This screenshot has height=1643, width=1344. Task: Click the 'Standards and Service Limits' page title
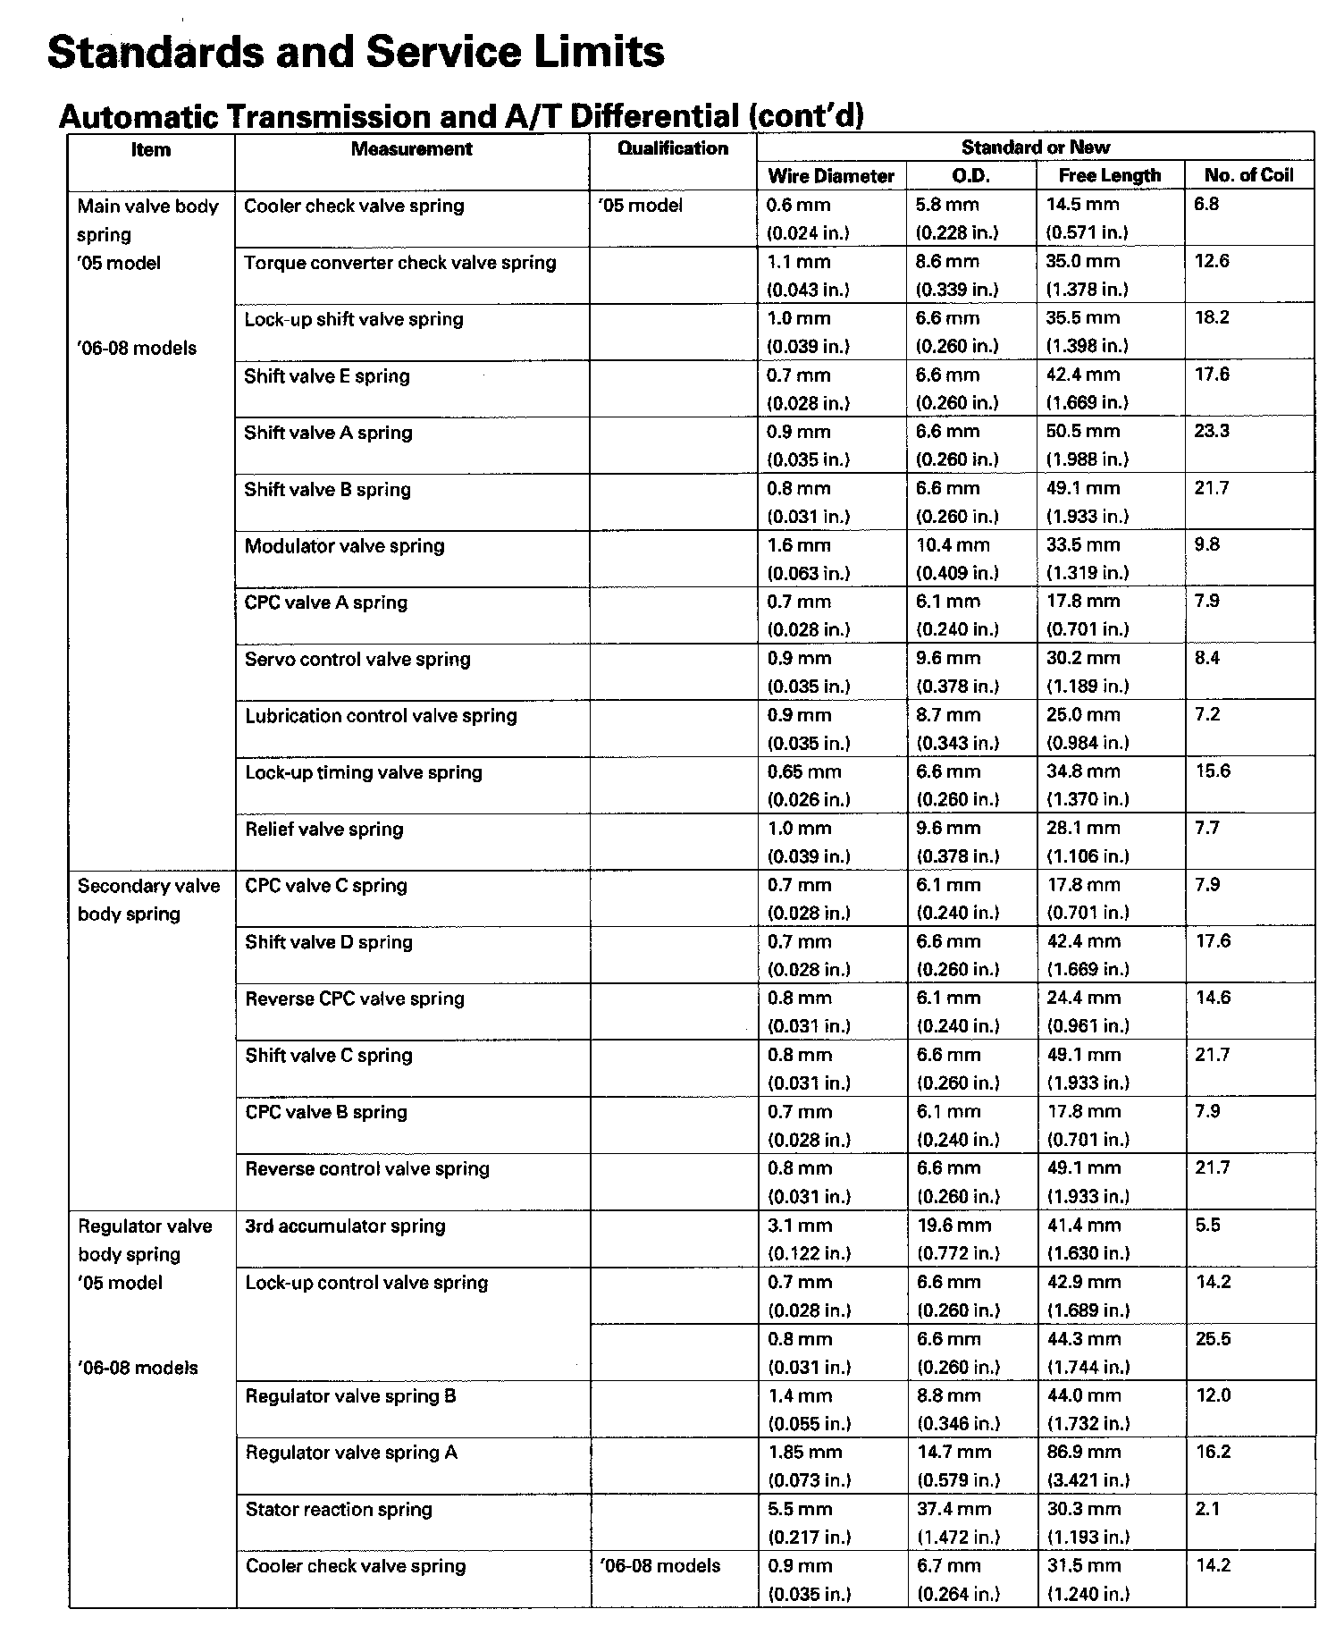pos(356,52)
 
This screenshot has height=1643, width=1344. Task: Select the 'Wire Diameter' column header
pos(831,176)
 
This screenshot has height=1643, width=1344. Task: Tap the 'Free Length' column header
pos(1109,176)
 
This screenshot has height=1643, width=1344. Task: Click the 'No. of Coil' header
pos(1248,175)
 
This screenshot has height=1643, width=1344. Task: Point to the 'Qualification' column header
pos(673,148)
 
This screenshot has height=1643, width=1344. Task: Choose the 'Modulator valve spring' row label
pos(344,546)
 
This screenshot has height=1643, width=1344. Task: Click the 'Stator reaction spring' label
pos(339,1510)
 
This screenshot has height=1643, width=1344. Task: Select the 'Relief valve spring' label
pos(324,830)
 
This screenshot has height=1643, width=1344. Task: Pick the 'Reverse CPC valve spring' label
pos(355,999)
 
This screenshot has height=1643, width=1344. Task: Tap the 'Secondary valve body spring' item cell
pos(148,899)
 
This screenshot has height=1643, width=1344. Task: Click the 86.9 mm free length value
pos(1084,1453)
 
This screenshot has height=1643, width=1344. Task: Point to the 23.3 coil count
pos(1212,432)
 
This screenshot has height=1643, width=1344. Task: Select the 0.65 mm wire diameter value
pos(804,772)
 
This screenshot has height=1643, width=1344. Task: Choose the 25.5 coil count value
pos(1213,1339)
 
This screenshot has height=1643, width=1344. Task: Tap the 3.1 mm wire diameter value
pos(800,1226)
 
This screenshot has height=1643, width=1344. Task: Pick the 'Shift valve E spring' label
pos(326,376)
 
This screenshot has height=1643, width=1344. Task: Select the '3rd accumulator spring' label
pos(345,1226)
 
